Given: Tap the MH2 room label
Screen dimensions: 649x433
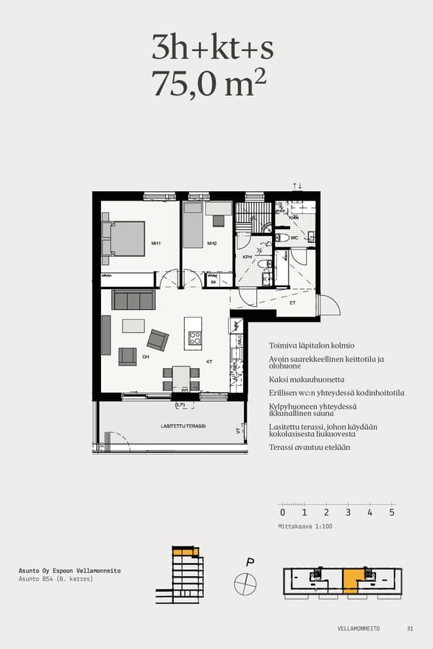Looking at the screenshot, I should pyautogui.click(x=212, y=244).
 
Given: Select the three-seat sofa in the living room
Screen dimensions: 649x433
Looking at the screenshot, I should pyautogui.click(x=134, y=300).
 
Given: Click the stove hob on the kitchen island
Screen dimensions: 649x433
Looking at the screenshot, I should pyautogui.click(x=194, y=337).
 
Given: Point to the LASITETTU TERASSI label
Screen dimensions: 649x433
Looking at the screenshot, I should pyautogui.click(x=183, y=426).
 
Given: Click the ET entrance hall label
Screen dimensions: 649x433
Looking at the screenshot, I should pyautogui.click(x=292, y=304).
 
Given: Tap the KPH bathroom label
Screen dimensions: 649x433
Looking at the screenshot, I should pyautogui.click(x=247, y=257).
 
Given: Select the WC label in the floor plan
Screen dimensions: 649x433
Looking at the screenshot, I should pyautogui.click(x=294, y=237).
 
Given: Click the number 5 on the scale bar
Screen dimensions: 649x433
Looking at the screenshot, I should pyautogui.click(x=392, y=513).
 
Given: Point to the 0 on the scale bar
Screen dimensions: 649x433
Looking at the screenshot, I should pyautogui.click(x=283, y=513).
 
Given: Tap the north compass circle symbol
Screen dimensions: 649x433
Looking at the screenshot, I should pyautogui.click(x=245, y=582).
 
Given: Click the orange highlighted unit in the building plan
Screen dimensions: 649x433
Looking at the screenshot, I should pyautogui.click(x=351, y=578).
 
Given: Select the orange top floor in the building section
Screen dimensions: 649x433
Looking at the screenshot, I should pyautogui.click(x=185, y=552).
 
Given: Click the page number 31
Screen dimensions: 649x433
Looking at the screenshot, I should pyautogui.click(x=410, y=629).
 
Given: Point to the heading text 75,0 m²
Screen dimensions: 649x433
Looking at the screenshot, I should pyautogui.click(x=209, y=83).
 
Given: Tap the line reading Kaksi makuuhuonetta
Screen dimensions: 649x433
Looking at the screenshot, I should pyautogui.click(x=306, y=379).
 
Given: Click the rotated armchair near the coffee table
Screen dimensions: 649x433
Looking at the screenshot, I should pyautogui.click(x=157, y=340).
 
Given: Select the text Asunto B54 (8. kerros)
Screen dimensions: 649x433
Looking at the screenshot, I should pyautogui.click(x=56, y=579).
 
